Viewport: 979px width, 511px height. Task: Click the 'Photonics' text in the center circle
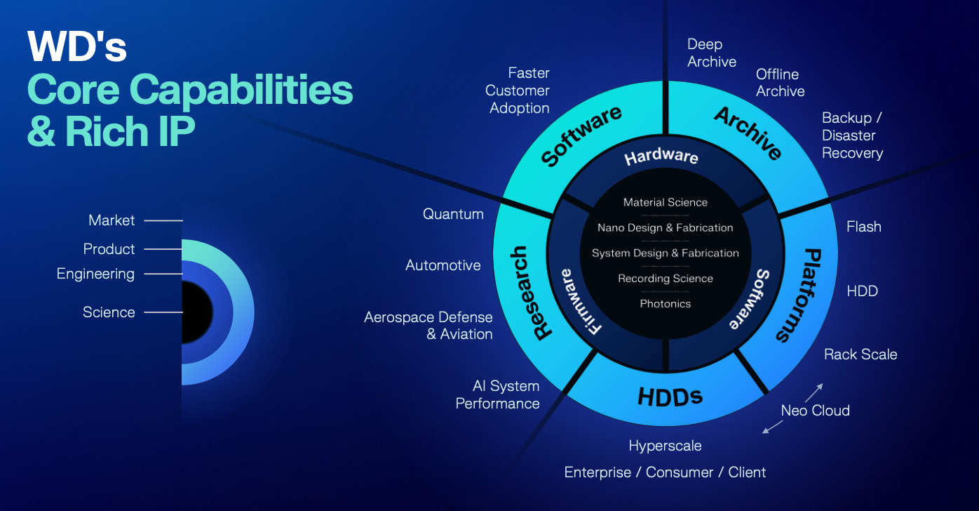coord(666,304)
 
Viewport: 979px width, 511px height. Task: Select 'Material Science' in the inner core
coord(666,202)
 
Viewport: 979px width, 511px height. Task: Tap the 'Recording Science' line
coord(666,279)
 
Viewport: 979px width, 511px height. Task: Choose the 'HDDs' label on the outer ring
coord(670,397)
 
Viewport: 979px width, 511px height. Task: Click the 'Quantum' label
coord(453,214)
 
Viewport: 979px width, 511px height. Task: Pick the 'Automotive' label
coord(443,265)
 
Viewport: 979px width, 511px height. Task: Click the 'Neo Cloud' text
coord(815,411)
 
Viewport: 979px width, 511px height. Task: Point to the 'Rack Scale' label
coord(860,354)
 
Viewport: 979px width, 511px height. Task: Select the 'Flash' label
coord(863,227)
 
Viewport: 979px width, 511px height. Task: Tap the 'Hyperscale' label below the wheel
coord(665,446)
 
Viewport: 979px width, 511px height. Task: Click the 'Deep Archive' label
coord(711,53)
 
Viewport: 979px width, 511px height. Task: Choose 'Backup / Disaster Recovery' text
coord(852,135)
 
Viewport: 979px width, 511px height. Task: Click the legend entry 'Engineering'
coord(95,274)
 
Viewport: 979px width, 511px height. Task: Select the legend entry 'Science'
coord(109,312)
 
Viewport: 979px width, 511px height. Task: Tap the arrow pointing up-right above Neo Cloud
coord(813,392)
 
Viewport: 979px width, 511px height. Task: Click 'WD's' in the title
coord(77,48)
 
